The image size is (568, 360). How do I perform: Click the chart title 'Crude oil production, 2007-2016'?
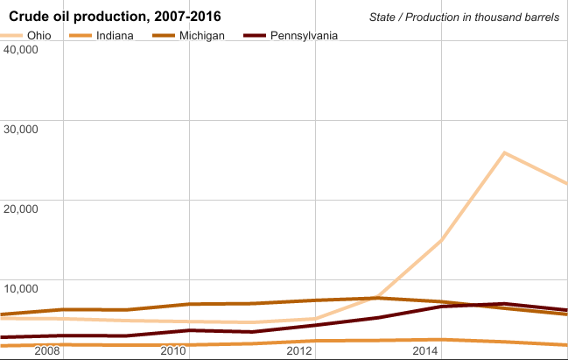click(115, 17)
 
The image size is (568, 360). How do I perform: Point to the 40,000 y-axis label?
click(21, 49)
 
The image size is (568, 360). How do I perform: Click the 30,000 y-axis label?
click(21, 129)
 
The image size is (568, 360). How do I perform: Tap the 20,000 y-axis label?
click(21, 208)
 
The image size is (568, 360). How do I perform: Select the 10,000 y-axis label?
click(21, 288)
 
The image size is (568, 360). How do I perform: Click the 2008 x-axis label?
click(46, 350)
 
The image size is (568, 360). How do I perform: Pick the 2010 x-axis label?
click(173, 350)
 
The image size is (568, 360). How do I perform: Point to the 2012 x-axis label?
click(299, 350)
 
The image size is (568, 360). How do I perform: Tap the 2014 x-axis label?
click(426, 350)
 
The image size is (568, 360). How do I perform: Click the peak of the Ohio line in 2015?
click(505, 153)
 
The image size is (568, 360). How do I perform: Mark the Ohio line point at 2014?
click(442, 240)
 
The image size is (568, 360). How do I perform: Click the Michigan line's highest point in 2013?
click(378, 298)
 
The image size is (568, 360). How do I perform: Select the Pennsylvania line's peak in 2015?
click(505, 304)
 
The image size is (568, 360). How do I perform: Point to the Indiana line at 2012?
click(315, 341)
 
